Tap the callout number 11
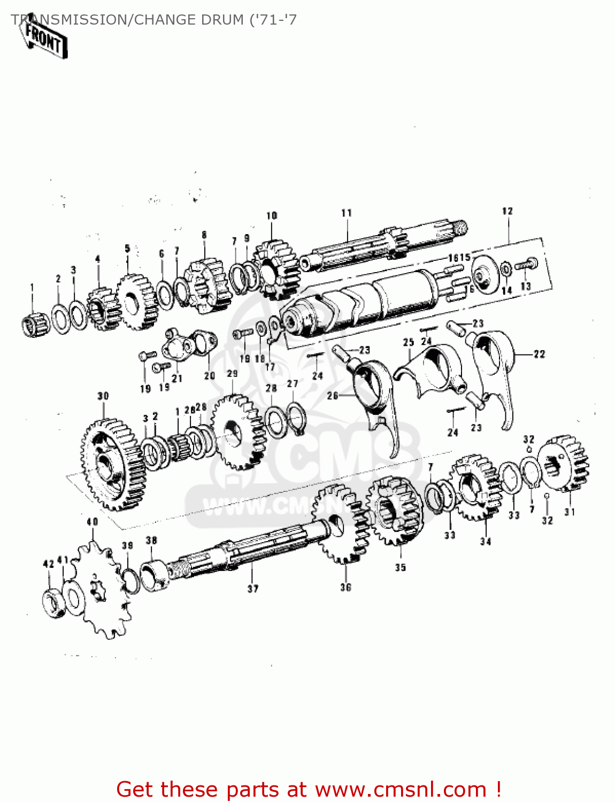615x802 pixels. tap(347, 213)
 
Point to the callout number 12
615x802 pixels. tap(507, 211)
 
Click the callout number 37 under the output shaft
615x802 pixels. tap(252, 589)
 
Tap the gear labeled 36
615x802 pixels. tap(342, 524)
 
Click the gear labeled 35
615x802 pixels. tap(395, 511)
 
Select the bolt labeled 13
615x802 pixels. tap(526, 264)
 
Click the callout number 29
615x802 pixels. tap(232, 374)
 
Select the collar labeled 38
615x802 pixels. tap(155, 575)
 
